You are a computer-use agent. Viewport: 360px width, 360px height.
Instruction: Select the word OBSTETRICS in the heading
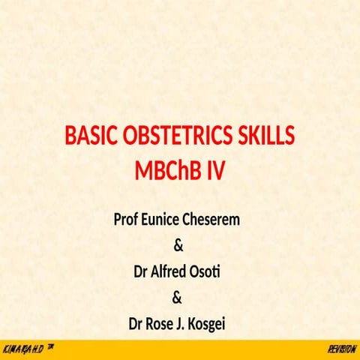click(178, 137)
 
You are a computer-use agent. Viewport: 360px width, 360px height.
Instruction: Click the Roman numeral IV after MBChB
click(215, 171)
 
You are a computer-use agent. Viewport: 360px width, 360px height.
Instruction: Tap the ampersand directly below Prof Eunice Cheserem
click(178, 246)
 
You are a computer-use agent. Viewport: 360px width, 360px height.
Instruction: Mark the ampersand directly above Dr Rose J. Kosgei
click(178, 298)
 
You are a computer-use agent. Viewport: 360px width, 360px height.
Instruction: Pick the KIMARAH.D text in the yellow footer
click(22, 350)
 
